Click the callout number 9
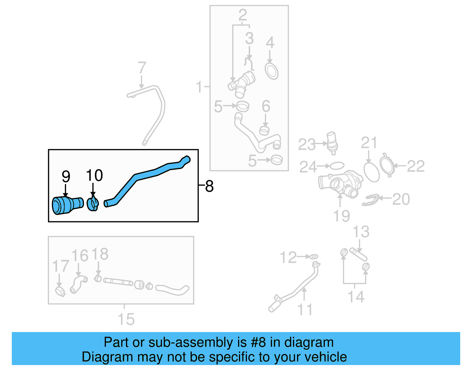click(66, 177)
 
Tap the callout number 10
click(94, 176)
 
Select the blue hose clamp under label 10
click(93, 204)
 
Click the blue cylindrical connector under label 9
click(67, 205)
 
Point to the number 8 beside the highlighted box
click(209, 186)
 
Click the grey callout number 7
click(142, 68)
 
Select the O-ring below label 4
click(272, 71)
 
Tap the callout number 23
click(307, 145)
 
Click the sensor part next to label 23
click(332, 143)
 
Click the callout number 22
click(416, 166)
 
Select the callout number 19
click(341, 216)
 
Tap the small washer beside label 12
click(313, 257)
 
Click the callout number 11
click(305, 309)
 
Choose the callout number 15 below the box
click(126, 319)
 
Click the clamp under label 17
click(60, 291)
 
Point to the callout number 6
click(266, 106)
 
